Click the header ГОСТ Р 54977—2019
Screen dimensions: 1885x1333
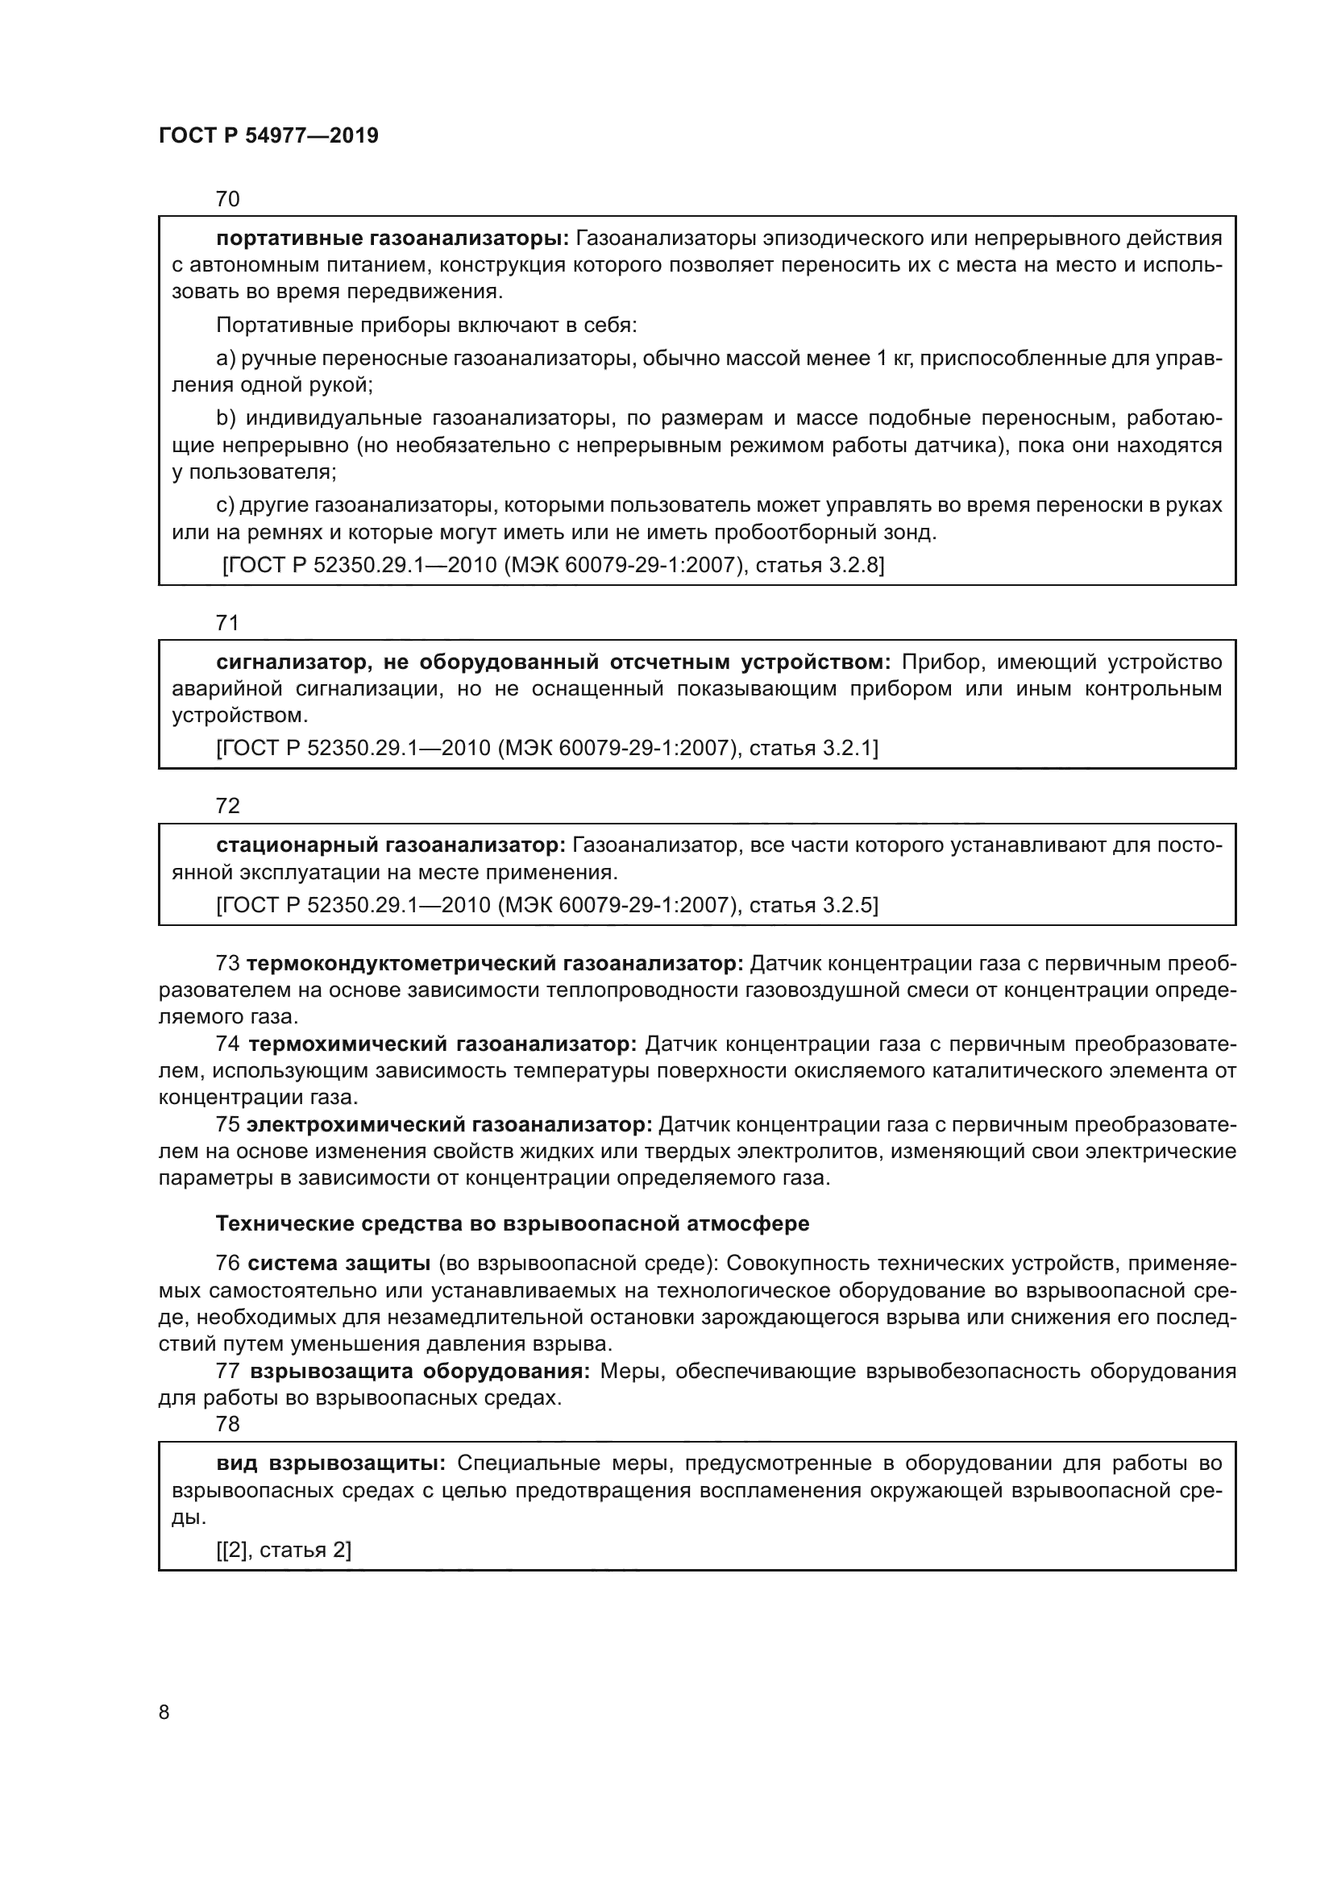tap(268, 136)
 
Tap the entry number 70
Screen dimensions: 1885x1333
tap(227, 199)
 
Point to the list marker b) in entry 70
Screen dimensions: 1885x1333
tap(225, 419)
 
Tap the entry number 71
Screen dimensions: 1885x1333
tap(227, 622)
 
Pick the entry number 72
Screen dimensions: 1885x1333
tap(227, 805)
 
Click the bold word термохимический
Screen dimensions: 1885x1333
tap(346, 1044)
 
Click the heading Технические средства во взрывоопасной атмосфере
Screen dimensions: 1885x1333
tap(513, 1224)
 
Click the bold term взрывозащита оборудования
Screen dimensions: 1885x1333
tap(419, 1371)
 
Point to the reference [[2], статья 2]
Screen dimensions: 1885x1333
tap(284, 1550)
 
